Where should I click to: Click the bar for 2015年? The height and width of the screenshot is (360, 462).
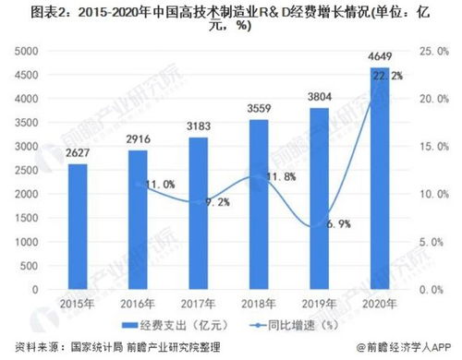[78, 226]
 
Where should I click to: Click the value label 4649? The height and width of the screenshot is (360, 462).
[378, 60]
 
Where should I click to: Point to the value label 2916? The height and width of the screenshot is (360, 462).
[138, 141]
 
